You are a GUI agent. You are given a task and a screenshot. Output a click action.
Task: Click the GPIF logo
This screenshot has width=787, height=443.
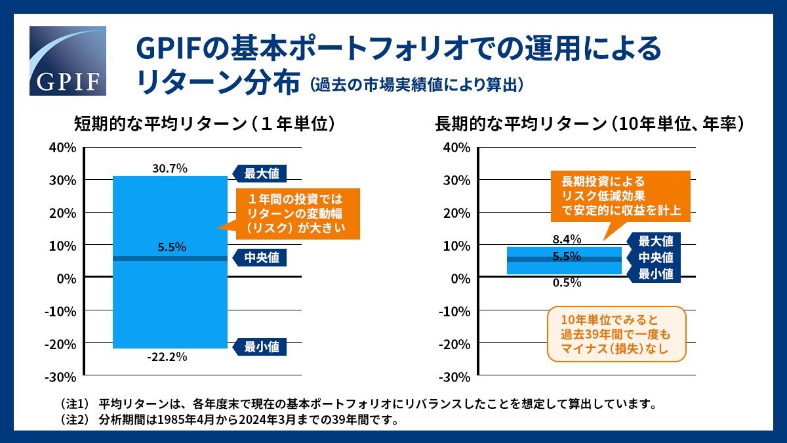click(68, 61)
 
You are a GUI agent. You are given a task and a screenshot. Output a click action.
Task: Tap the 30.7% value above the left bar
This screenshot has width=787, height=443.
click(170, 169)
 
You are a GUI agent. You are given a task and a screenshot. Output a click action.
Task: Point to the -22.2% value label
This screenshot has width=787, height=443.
click(169, 357)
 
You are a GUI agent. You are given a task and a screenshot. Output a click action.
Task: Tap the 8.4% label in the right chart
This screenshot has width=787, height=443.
click(567, 239)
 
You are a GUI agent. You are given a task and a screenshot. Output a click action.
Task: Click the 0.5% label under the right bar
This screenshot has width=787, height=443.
click(567, 283)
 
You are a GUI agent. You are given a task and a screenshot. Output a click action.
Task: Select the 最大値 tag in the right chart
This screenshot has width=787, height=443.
click(655, 241)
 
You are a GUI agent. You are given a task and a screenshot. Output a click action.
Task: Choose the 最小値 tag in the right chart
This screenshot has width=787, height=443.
click(655, 274)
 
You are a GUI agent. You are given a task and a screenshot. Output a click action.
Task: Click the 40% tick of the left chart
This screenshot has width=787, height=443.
click(63, 148)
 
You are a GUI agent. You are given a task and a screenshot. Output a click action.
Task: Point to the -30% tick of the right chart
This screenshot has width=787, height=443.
click(456, 377)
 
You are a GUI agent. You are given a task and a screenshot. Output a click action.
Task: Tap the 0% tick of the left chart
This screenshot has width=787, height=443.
click(66, 278)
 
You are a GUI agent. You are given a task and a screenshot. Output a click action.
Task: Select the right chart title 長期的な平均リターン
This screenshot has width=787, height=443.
click(590, 124)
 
